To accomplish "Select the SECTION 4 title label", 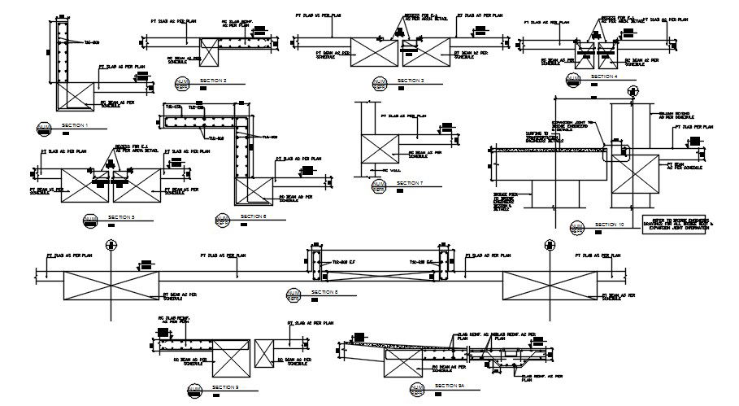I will point(604,76).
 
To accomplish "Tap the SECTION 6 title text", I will point(254,216).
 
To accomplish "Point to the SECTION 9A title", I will point(449,385).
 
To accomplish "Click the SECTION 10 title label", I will point(609,225).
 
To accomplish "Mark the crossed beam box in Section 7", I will point(376,151).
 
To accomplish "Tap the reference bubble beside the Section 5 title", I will point(89,220).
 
